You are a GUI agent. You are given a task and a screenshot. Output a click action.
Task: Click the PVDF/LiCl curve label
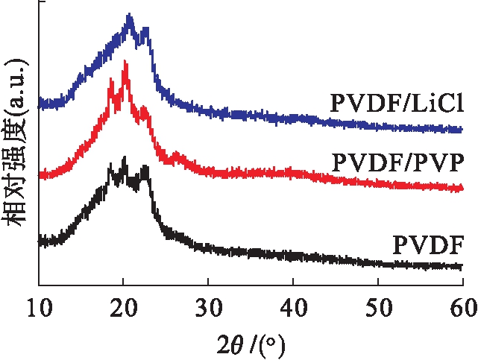(397, 103)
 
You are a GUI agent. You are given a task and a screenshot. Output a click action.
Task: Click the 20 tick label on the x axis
(123, 303)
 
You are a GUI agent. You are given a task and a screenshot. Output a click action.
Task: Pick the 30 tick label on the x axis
(208, 303)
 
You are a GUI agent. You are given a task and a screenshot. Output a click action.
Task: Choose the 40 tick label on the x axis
(293, 303)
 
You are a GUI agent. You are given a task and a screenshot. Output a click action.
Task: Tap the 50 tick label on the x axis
(378, 303)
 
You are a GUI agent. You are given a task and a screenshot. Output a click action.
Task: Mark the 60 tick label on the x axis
(462, 303)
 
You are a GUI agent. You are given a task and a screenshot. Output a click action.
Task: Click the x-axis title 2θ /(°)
(250, 344)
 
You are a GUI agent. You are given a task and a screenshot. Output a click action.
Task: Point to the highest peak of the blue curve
(130, 16)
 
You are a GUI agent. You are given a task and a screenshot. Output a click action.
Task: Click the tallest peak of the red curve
(125, 63)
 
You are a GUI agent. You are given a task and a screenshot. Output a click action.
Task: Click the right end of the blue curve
(462, 130)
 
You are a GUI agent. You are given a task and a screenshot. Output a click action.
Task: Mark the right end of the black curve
(462, 267)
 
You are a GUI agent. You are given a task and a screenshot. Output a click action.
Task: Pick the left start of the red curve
(40, 175)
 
